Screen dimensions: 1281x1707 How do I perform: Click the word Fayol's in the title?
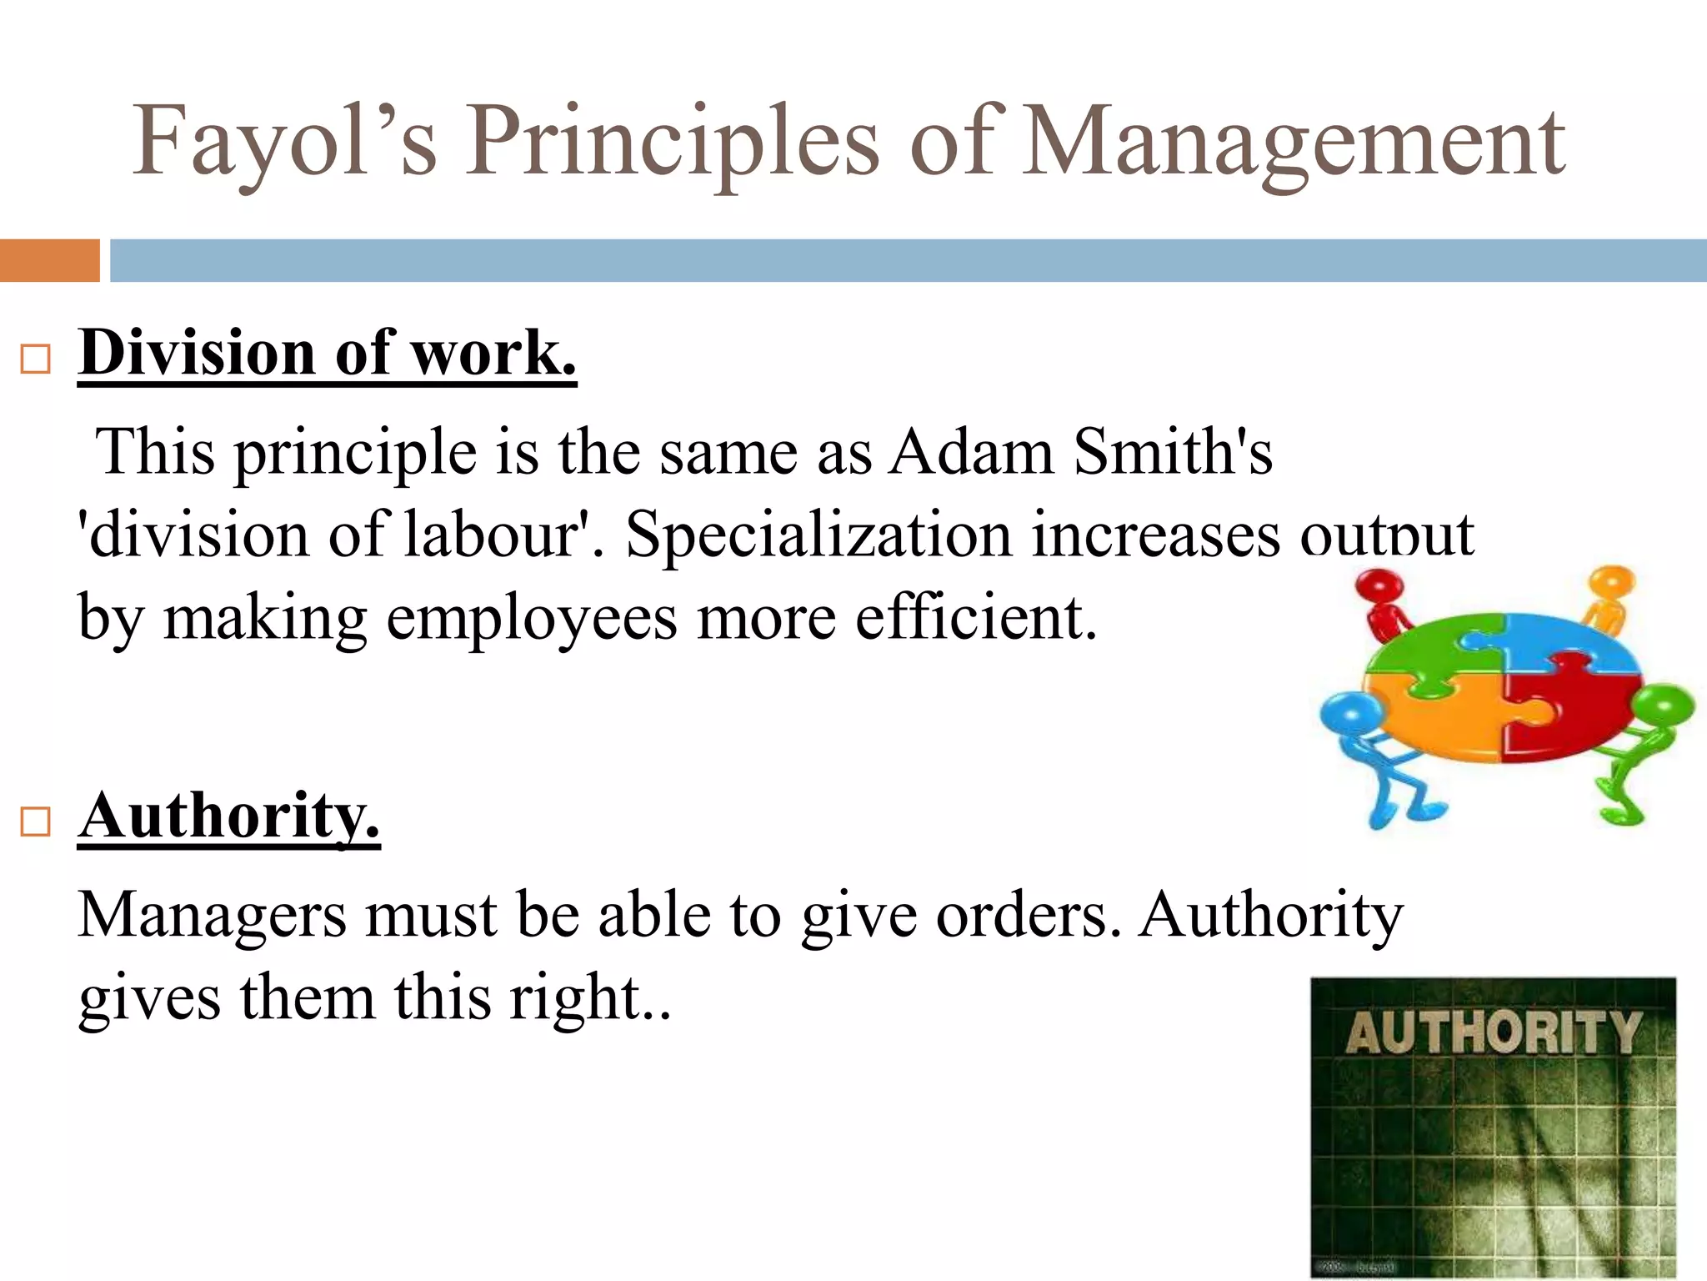[284, 142]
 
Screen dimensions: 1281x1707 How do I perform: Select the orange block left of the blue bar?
[49, 260]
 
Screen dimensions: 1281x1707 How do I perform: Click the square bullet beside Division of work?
[36, 359]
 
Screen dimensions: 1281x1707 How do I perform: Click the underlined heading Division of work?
[327, 354]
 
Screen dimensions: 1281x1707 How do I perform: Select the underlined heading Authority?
[228, 816]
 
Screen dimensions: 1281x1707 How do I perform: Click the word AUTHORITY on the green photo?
[1492, 1034]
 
